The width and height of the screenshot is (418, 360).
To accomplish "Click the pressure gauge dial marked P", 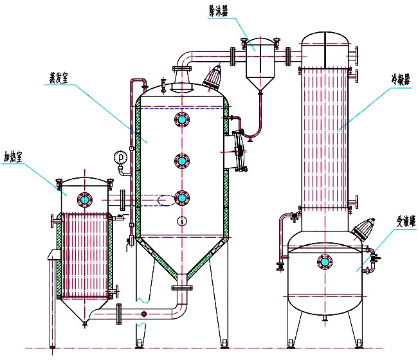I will [120, 157].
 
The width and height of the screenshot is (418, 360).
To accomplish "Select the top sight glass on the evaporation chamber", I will [182, 120].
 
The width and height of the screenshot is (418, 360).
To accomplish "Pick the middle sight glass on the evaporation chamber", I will [182, 160].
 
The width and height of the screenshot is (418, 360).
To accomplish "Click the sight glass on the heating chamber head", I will [84, 197].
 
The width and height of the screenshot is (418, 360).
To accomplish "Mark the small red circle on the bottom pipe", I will [144, 314].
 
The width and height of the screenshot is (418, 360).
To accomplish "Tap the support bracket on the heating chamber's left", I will [50, 256].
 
